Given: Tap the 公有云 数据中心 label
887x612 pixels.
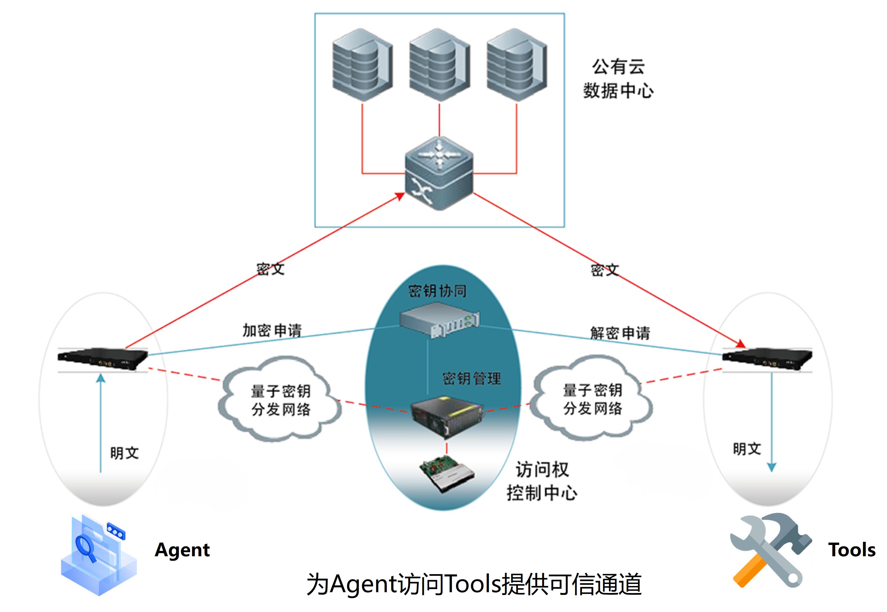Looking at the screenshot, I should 618,79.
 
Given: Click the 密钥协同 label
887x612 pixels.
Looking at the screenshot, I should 437,291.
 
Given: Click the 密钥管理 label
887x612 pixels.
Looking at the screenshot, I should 471,379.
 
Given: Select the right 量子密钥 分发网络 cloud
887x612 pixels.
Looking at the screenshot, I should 592,398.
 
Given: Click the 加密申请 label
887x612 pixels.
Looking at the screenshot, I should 272,330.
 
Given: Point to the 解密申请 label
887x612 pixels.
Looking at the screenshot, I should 620,333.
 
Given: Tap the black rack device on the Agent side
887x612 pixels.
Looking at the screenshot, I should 102,358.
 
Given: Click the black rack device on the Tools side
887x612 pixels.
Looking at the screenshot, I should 767,358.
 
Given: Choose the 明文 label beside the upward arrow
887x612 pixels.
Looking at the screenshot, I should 124,453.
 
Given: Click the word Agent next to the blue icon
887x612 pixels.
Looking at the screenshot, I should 182,550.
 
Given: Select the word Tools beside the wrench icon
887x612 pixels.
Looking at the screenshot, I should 852,550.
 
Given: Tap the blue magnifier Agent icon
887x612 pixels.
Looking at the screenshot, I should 98,555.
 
